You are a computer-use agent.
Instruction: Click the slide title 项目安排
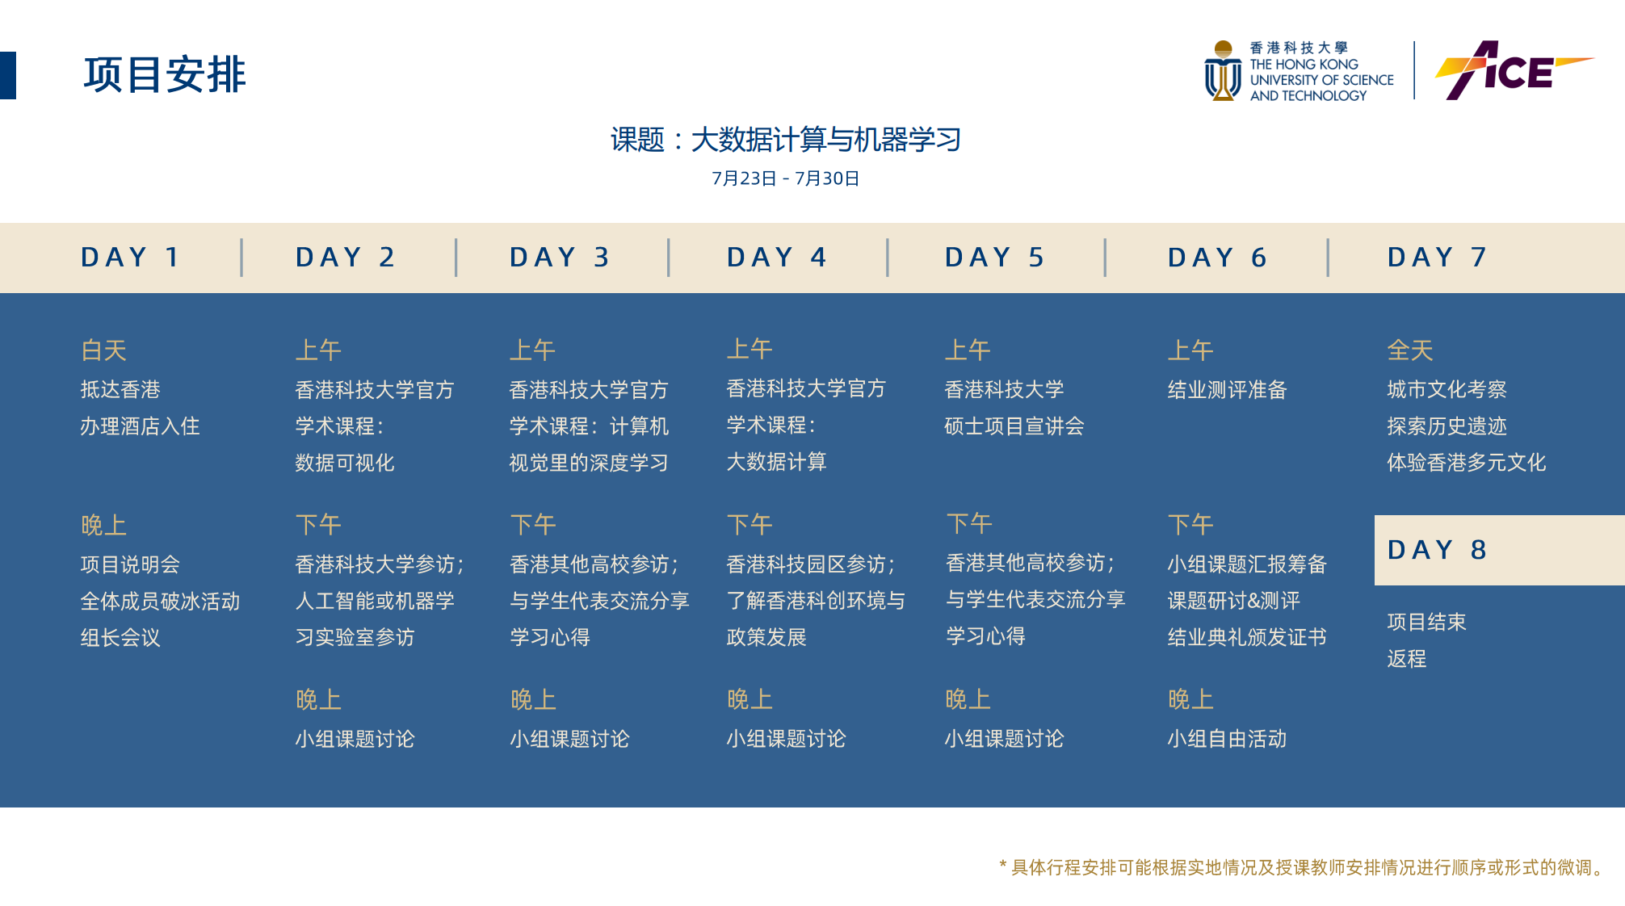click(165, 75)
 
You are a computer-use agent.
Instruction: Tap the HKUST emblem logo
click(1223, 70)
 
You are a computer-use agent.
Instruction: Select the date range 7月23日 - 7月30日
click(785, 178)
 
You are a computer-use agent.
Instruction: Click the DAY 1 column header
click(130, 258)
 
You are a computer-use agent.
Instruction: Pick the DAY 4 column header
click(777, 258)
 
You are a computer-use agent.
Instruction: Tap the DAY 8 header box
click(1500, 550)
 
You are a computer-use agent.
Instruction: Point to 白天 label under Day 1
click(104, 350)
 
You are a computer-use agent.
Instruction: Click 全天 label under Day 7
click(1410, 350)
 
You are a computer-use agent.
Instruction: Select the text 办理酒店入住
click(140, 426)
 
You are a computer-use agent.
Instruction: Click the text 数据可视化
click(345, 463)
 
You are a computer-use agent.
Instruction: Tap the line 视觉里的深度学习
click(589, 463)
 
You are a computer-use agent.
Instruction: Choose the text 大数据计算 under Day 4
click(776, 462)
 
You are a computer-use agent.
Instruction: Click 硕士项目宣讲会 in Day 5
click(1014, 426)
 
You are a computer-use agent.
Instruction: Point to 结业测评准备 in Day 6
click(1227, 390)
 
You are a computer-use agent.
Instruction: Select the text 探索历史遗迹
click(1447, 426)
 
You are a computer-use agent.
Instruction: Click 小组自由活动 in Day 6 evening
click(1227, 739)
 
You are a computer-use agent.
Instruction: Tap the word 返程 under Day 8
click(1407, 659)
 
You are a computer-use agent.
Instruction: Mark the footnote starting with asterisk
click(1302, 867)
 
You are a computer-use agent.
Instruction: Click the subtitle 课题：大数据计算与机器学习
click(785, 140)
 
